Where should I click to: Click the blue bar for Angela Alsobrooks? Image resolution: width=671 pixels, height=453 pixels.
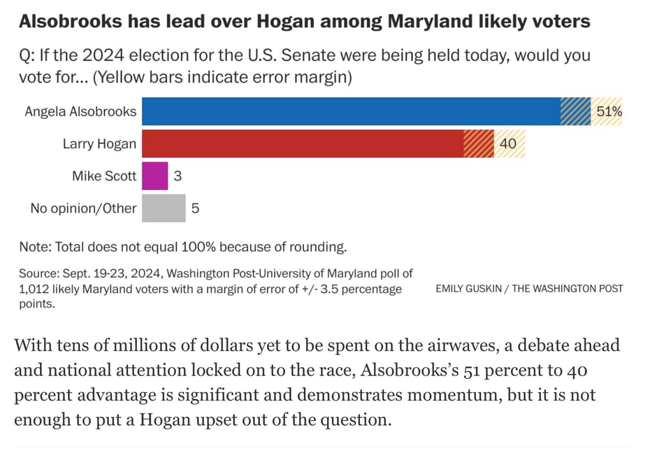349,111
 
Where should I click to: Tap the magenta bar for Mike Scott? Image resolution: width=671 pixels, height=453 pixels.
154,176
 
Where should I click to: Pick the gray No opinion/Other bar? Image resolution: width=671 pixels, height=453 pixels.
164,208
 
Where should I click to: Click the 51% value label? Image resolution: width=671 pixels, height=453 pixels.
608,111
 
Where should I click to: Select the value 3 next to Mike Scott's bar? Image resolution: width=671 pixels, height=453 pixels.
178,176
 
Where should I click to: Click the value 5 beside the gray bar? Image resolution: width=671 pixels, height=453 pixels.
195,208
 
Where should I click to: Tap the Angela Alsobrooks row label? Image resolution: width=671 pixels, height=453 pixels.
80,111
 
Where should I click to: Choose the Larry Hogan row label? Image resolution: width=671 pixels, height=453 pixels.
99,144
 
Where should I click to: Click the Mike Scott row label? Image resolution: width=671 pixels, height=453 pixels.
104,176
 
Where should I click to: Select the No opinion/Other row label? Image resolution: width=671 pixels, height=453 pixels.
83,208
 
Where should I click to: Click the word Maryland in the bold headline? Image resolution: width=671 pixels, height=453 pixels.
431,21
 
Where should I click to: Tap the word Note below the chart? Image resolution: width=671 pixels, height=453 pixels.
31,247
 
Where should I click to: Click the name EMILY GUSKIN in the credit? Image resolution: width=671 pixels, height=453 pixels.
468,288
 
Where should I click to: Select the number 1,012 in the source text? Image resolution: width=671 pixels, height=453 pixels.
35,289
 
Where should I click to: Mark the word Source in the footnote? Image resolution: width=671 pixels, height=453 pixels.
37,273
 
